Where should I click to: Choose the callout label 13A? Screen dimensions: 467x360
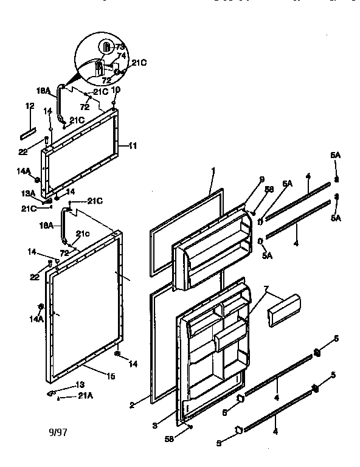point(28,193)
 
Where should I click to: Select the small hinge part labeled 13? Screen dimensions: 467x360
point(51,393)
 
